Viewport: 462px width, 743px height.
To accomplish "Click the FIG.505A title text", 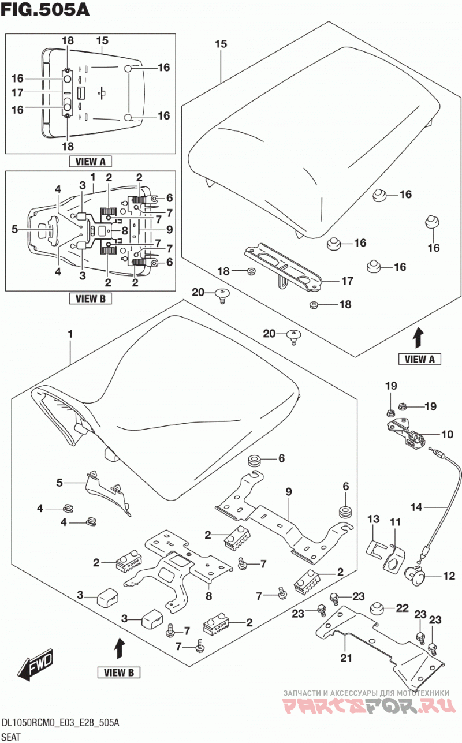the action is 45,9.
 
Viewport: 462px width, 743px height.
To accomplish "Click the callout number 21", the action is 346,658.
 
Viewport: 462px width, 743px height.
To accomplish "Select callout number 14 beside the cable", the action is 416,507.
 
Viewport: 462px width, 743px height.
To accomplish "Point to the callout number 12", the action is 449,576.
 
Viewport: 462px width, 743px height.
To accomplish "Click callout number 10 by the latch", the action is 448,434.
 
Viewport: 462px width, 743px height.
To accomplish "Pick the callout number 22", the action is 403,608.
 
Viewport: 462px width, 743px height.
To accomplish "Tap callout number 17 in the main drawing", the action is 347,281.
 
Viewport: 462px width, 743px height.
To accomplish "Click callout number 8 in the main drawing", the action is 208,596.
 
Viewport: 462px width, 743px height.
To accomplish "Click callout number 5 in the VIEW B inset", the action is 14,229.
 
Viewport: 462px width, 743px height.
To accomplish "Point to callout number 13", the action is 374,519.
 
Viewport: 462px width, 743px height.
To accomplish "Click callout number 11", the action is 395,522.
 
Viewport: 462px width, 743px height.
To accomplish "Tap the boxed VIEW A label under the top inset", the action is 90,162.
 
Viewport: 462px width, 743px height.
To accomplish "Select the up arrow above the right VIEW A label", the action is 419,338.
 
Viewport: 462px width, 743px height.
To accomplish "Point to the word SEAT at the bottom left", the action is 11,737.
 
